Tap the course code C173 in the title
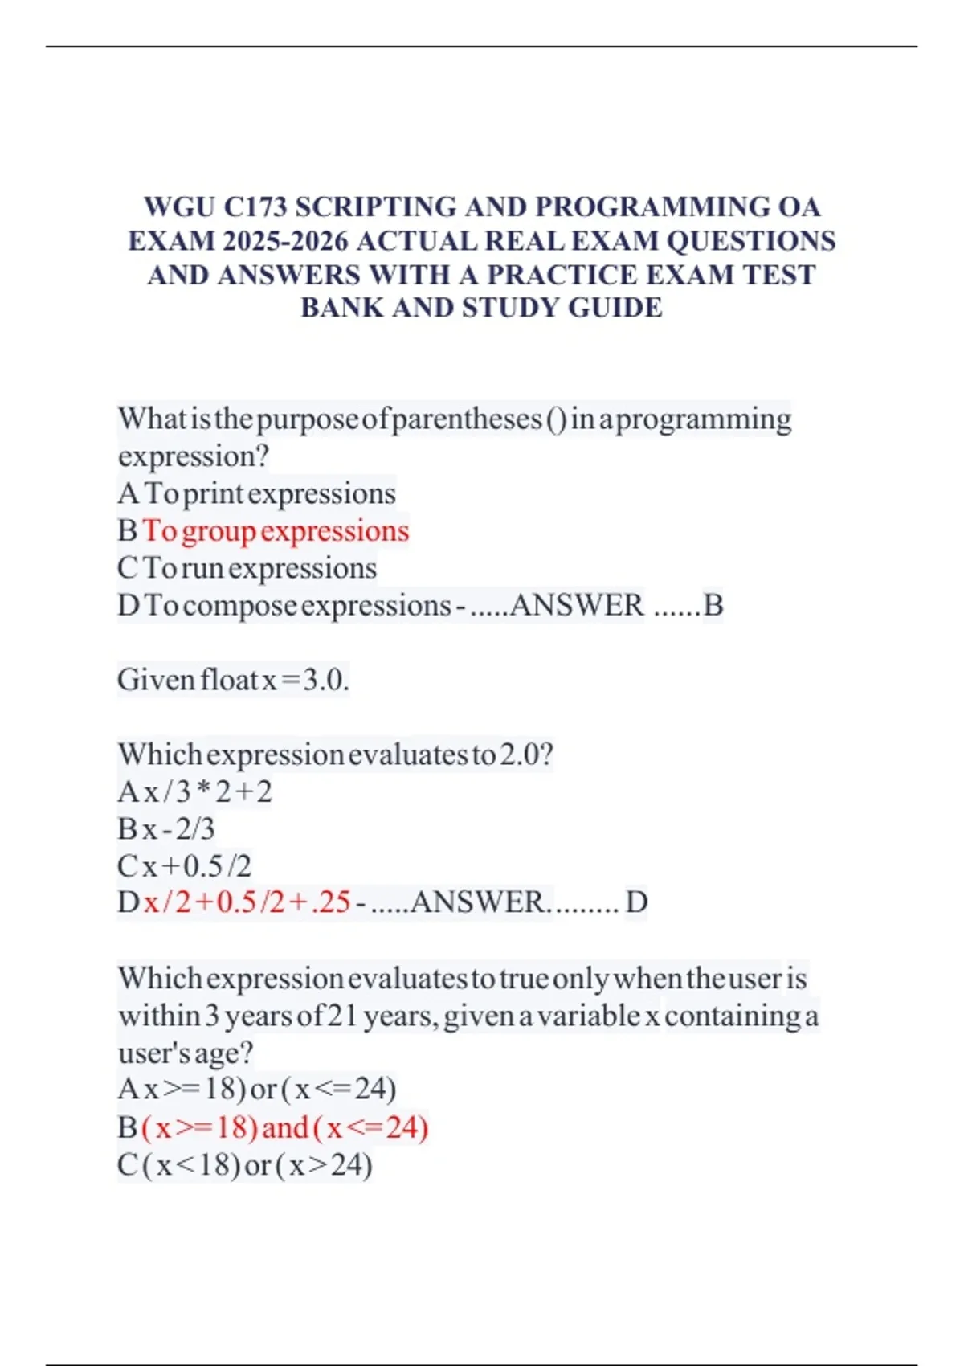[255, 207]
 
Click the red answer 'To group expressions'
[276, 531]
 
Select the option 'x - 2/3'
[179, 828]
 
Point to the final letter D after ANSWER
[636, 902]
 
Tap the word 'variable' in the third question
[589, 1016]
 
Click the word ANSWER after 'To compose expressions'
[577, 605]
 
